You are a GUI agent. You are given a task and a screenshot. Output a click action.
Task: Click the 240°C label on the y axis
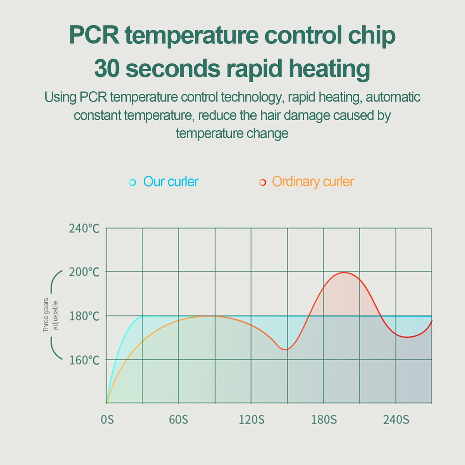click(x=84, y=228)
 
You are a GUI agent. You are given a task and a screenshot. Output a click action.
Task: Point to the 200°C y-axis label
click(x=84, y=272)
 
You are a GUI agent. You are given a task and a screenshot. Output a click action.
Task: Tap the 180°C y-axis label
click(x=84, y=316)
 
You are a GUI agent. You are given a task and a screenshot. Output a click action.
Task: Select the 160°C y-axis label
click(x=84, y=360)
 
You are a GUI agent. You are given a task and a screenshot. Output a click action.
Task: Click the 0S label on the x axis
click(x=107, y=420)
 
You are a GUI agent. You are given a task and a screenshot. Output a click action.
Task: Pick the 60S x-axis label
click(x=178, y=420)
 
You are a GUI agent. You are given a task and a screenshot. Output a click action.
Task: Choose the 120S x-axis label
click(x=251, y=420)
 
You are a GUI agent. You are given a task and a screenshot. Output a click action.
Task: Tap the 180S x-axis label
click(x=324, y=420)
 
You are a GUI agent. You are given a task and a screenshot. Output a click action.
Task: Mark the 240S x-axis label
click(x=396, y=420)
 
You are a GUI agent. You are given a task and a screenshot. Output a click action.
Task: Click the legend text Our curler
click(x=170, y=182)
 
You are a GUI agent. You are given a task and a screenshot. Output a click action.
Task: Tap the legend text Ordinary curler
click(x=313, y=182)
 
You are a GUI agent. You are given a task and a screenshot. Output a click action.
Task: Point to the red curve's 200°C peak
click(x=344, y=272)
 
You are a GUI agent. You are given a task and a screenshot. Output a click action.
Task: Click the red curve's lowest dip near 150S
click(x=285, y=350)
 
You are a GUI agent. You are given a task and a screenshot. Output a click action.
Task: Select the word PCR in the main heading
click(x=94, y=35)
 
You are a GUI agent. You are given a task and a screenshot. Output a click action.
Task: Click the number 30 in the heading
click(x=107, y=68)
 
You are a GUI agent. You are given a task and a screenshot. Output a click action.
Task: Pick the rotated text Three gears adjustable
click(x=50, y=315)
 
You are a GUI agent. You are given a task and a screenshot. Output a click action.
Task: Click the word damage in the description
click(x=307, y=115)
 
